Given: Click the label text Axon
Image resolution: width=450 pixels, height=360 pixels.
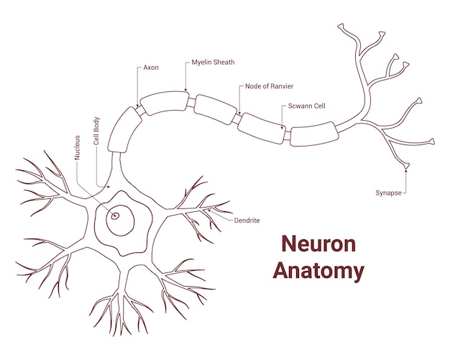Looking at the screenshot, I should coord(151,68).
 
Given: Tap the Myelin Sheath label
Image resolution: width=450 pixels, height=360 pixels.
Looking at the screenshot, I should coord(213,63).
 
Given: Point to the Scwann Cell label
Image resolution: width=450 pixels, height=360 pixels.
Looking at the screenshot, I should coord(307,106).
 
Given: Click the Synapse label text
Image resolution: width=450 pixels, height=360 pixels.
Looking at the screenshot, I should coord(388,193).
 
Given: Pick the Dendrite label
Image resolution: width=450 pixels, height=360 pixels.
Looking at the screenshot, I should coord(247,220).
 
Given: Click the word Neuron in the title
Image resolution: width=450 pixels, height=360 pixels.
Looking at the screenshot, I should coord(318,244).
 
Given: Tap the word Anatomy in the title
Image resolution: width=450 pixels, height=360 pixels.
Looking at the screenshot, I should coord(318,271).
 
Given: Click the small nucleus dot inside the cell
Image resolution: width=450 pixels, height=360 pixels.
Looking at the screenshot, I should coord(114,215).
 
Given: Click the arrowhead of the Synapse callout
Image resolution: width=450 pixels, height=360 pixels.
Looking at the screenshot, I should coord(406,171).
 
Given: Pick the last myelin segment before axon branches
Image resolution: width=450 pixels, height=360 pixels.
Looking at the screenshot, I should coord(313,134).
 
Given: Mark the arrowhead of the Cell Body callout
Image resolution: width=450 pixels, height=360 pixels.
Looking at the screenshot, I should coord(109,186).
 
